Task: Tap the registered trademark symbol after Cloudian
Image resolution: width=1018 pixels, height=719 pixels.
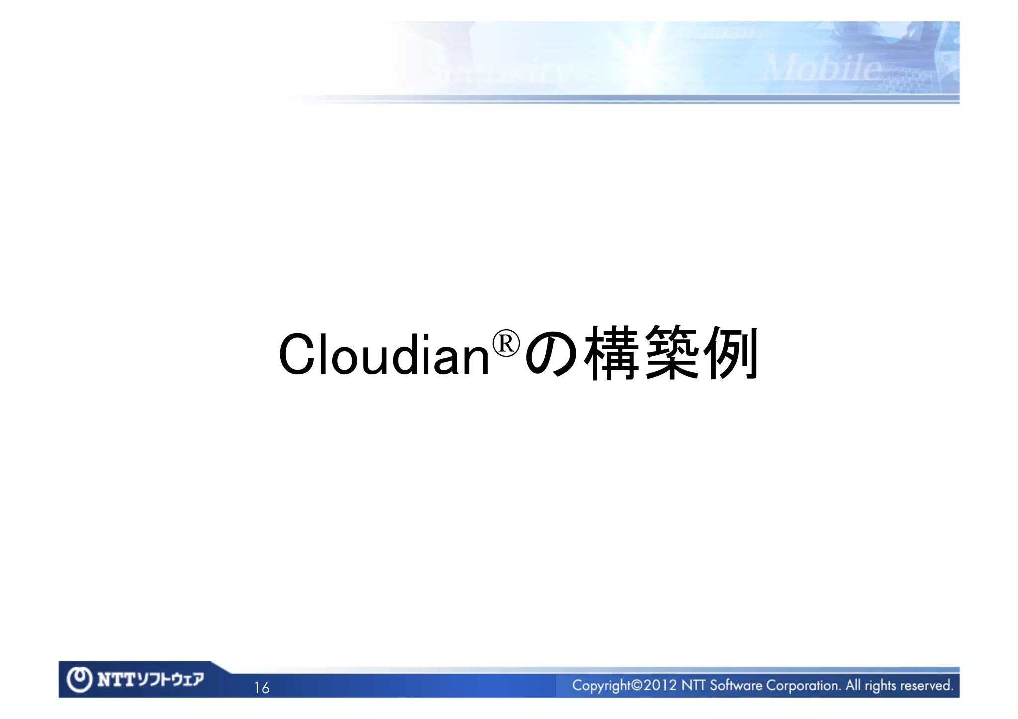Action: tap(506, 343)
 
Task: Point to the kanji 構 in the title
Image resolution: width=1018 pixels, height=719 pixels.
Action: tap(611, 353)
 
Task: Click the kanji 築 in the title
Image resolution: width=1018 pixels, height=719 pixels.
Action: tap(672, 353)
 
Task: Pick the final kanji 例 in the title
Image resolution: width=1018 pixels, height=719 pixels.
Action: tap(732, 353)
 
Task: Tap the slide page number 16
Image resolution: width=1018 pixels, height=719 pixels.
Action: tap(261, 688)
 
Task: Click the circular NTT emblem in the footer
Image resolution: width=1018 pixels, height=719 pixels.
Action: tap(80, 680)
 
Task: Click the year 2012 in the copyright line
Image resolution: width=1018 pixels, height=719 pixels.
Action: tap(660, 686)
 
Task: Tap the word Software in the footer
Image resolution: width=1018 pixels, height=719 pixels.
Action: tap(736, 686)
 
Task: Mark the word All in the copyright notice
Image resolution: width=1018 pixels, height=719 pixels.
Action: tap(853, 685)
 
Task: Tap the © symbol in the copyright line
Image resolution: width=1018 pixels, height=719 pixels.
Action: tap(636, 686)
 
